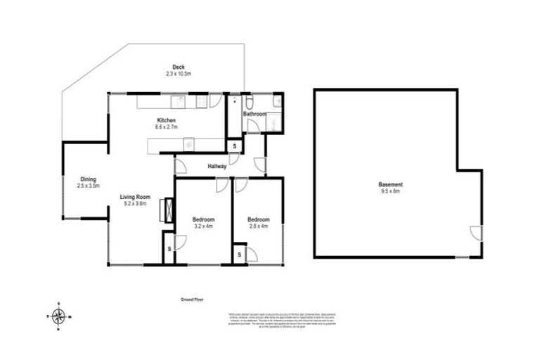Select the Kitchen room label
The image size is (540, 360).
point(166,120)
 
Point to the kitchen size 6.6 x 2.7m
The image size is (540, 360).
point(166,127)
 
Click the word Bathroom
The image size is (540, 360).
point(254,113)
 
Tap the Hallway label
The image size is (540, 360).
point(217,167)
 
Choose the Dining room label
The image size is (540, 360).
point(88,179)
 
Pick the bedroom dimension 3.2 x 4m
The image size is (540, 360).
point(202,226)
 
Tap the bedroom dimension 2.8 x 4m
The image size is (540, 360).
point(258,226)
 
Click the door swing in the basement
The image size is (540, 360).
point(476,232)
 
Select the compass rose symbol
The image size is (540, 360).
point(59,316)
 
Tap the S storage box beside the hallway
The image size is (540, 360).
point(234,146)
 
